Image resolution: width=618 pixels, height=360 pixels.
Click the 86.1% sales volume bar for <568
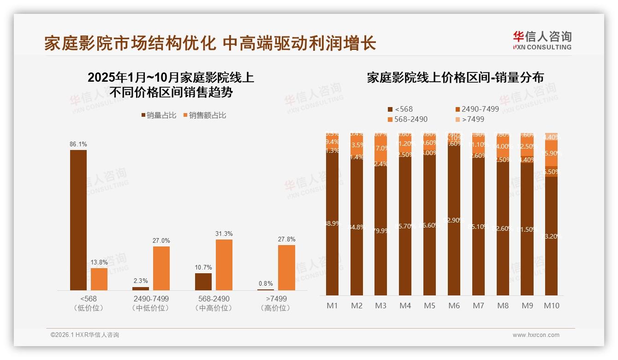click(x=78, y=220)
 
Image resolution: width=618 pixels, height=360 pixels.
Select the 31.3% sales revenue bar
click(x=224, y=264)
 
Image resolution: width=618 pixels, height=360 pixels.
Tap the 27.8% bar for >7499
click(x=286, y=267)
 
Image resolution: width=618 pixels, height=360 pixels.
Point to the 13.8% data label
click(x=99, y=262)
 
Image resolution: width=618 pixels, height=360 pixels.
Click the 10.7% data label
click(x=203, y=267)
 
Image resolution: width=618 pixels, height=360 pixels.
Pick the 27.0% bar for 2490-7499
click(x=161, y=268)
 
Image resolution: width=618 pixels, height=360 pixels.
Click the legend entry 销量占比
click(x=159, y=115)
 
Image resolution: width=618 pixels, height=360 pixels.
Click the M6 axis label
click(x=454, y=306)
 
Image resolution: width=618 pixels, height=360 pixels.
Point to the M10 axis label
click(x=552, y=306)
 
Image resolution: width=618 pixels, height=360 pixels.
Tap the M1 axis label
click(x=332, y=306)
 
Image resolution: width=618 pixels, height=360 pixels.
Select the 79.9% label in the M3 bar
click(x=381, y=230)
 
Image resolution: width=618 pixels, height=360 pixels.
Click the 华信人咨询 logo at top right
click(x=542, y=40)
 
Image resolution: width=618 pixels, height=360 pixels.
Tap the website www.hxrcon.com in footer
click(x=536, y=335)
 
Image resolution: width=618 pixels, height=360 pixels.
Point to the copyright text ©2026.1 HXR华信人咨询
click(x=85, y=335)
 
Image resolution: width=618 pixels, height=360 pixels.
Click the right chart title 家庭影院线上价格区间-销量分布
click(x=455, y=78)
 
